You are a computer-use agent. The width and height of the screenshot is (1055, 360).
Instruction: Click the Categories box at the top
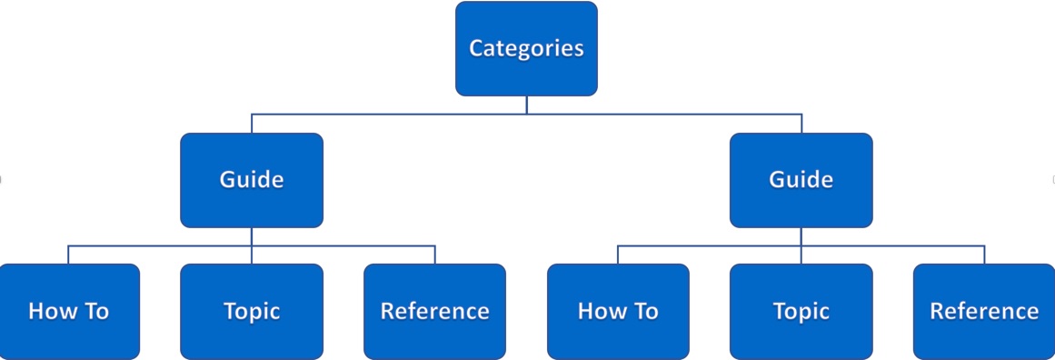pos(526,48)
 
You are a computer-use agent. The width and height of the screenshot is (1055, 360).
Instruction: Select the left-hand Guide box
pos(252,180)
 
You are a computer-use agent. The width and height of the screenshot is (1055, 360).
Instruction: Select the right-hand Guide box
pos(801,180)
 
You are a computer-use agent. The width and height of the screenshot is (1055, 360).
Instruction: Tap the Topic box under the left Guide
pos(252,312)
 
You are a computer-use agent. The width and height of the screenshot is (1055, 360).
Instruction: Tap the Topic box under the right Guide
pos(801,312)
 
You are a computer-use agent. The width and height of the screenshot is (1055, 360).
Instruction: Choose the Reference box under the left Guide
pos(434,312)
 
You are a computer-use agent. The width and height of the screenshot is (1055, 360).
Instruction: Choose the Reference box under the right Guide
pos(984,312)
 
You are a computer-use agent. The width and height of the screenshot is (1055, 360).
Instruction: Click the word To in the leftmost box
pos(94,312)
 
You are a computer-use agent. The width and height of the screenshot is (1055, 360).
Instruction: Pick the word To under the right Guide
pos(643,312)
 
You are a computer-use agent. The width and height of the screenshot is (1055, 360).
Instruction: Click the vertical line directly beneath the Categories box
pos(526,105)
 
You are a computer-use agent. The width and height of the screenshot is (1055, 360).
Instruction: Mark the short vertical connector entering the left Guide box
pos(252,124)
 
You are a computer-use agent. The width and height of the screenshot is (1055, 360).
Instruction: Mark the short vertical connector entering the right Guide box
pos(801,124)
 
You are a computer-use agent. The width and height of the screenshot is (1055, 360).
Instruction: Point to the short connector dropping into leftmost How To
pos(68,255)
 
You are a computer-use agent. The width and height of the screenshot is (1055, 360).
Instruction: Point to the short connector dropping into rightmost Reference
pos(985,255)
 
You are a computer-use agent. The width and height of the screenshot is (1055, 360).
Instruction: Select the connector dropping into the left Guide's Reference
pos(435,255)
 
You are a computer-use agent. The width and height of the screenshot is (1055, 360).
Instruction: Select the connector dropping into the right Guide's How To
pos(618,255)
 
